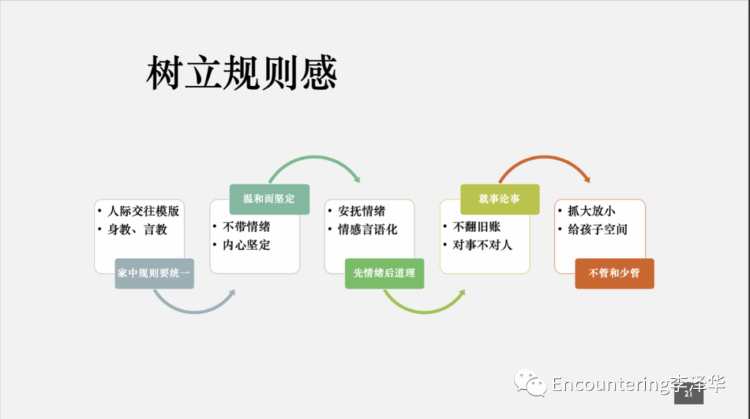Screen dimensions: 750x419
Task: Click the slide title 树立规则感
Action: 242,72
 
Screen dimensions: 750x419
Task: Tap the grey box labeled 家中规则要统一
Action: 154,274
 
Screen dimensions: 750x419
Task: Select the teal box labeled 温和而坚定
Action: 269,199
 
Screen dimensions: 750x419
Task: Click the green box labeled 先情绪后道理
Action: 385,274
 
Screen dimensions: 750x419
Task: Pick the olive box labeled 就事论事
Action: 500,199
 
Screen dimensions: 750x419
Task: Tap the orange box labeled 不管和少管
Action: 615,274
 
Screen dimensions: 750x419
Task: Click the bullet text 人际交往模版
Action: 144,211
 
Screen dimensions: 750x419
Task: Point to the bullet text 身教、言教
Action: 137,229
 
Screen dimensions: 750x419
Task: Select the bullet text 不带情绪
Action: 247,227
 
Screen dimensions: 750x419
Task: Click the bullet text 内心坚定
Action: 247,245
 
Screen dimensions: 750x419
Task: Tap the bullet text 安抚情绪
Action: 362,211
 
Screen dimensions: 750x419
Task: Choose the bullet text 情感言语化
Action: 367,229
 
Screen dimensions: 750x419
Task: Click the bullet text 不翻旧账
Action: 476,227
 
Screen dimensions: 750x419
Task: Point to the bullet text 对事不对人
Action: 482,245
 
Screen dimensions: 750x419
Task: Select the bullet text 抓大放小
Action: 592,211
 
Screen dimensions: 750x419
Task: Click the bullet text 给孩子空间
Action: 597,229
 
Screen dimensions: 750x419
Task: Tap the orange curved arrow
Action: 545,157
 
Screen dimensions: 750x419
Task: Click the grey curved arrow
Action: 194,312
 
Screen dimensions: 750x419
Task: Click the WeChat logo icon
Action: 530,383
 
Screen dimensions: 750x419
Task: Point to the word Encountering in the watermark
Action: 610,384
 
